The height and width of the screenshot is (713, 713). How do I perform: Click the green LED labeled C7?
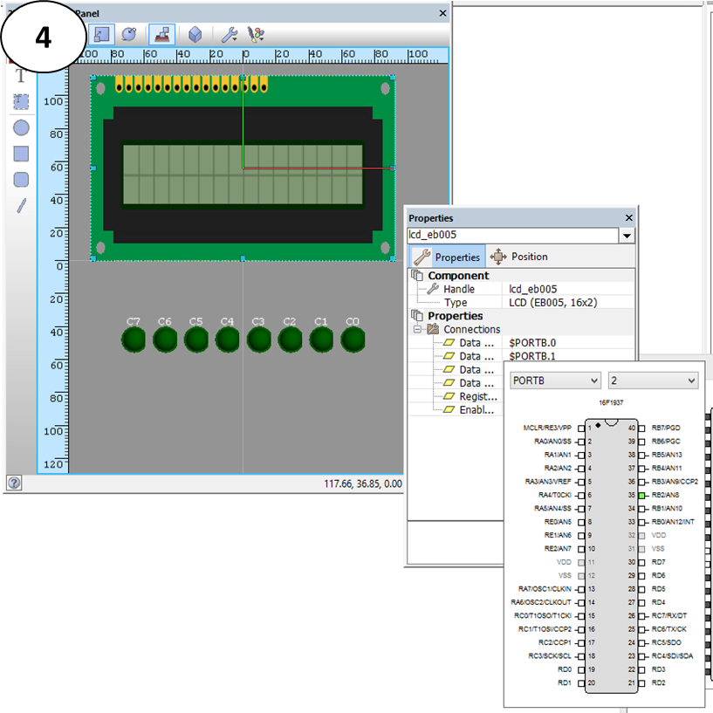(x=134, y=339)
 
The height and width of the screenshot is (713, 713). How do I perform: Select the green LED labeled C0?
(x=353, y=339)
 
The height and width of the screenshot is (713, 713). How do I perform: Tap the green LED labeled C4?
(x=227, y=339)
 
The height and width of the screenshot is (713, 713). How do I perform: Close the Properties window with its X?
(x=629, y=218)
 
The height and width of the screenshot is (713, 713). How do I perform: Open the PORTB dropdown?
(x=556, y=380)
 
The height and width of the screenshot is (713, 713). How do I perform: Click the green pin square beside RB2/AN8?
(x=641, y=495)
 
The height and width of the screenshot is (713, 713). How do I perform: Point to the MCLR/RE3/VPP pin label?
(x=546, y=428)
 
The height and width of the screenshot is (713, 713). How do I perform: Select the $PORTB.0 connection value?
(x=532, y=343)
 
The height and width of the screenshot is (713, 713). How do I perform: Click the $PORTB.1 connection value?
(x=532, y=356)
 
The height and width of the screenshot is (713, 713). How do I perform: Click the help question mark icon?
(x=14, y=483)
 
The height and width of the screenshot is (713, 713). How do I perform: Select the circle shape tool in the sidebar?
(x=21, y=127)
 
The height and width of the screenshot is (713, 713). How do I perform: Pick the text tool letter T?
(x=21, y=76)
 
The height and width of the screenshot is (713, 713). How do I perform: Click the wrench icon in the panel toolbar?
(x=230, y=34)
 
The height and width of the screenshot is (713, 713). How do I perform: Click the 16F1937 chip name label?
(x=611, y=403)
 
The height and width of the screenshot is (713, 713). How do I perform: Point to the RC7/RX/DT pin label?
(x=669, y=615)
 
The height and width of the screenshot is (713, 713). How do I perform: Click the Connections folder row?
(x=471, y=329)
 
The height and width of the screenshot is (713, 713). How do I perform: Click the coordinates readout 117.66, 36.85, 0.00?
(x=363, y=483)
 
